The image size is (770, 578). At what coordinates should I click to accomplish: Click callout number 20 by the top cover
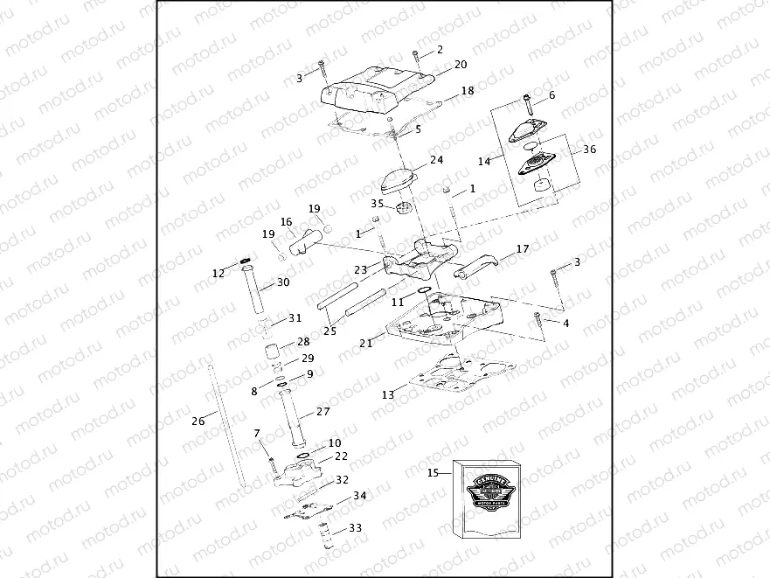[x=461, y=65]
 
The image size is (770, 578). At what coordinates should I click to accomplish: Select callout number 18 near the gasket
[x=468, y=90]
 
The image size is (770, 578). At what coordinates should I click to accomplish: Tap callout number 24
[x=436, y=160]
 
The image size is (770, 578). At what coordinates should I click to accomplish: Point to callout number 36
[x=589, y=150]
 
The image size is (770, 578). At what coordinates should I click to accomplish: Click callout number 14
[x=484, y=161]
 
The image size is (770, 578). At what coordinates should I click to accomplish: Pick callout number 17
[x=523, y=249]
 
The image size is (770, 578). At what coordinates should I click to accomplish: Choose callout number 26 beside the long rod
[x=198, y=421]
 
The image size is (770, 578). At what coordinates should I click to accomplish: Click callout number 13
[x=387, y=395]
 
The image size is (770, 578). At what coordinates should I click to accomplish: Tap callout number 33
[x=355, y=528]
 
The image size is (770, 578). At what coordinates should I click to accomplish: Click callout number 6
[x=551, y=94]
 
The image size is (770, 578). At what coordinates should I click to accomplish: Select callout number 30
[x=283, y=282]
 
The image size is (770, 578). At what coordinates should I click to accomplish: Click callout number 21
[x=365, y=344]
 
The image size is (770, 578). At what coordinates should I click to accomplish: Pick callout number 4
[x=565, y=324]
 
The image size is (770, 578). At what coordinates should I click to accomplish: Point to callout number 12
[x=218, y=274]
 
